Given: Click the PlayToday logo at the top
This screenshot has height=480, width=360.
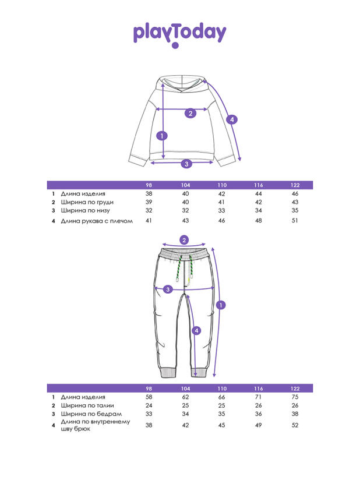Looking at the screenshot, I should (x=179, y=34).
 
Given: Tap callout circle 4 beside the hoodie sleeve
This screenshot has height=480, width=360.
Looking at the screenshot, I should (x=232, y=120).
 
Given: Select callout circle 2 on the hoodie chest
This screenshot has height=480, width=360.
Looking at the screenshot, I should (x=190, y=113).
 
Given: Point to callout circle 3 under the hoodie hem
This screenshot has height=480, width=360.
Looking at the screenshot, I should (x=186, y=164).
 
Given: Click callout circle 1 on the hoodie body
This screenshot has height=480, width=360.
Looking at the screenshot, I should (x=163, y=136).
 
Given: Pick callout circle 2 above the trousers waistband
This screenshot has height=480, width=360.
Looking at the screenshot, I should (x=184, y=240).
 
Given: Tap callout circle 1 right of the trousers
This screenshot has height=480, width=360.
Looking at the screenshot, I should (x=221, y=305).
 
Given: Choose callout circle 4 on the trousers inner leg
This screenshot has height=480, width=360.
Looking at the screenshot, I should (x=196, y=330).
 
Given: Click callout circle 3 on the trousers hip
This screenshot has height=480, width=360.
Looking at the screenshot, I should (x=168, y=290).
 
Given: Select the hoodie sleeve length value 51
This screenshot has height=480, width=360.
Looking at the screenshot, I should (x=295, y=221).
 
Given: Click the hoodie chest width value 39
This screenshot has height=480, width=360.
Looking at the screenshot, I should (x=149, y=202).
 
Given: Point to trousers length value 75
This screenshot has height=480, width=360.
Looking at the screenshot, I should (x=295, y=397).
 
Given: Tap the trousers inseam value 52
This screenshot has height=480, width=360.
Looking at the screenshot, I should (x=295, y=425).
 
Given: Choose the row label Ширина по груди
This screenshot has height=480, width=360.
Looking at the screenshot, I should (x=84, y=202).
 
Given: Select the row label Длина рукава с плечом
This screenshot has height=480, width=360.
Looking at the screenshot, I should (x=97, y=221).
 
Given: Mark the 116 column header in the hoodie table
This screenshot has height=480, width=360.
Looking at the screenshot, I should (x=258, y=185).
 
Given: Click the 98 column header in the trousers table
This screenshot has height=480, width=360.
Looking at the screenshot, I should (x=149, y=389).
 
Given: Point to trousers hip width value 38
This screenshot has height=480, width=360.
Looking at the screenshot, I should (x=295, y=414).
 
